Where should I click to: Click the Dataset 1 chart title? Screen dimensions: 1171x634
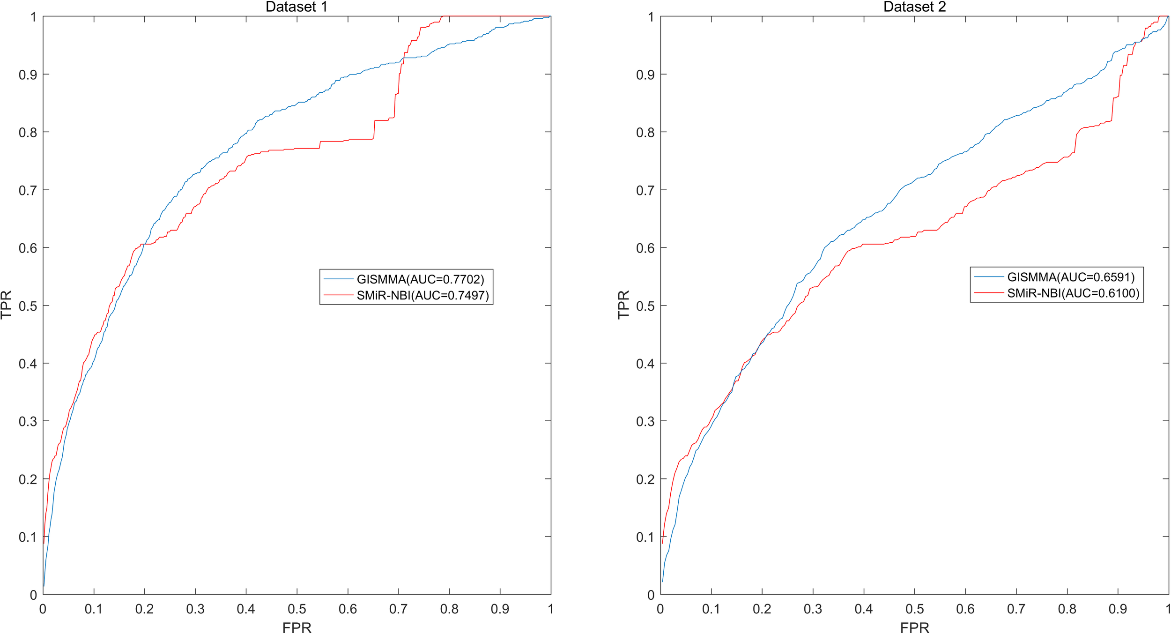[296, 7]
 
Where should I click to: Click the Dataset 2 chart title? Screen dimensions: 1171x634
[914, 7]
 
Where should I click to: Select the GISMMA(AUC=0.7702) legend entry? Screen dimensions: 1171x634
[420, 279]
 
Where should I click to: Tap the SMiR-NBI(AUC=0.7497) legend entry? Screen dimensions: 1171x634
[422, 295]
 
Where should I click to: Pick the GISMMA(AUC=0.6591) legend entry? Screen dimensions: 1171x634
[1071, 277]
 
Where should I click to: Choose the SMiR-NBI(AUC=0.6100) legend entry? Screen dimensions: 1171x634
[1073, 293]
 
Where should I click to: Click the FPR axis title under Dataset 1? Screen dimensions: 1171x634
[296, 627]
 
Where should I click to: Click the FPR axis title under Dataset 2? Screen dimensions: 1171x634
[914, 627]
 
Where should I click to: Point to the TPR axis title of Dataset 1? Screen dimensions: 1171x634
[7, 305]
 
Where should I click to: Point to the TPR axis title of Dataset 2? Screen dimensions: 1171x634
[624, 305]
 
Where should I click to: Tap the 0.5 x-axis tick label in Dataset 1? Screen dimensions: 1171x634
[296, 609]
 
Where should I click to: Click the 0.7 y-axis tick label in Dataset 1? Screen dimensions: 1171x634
[27, 190]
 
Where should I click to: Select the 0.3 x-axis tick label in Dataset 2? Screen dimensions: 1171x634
[813, 609]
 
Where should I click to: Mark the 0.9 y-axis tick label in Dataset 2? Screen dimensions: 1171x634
[645, 75]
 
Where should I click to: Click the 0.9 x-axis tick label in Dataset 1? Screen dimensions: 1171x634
[500, 609]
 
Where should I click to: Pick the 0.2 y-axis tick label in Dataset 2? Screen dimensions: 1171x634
[645, 479]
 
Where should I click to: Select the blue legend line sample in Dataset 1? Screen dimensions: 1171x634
[338, 279]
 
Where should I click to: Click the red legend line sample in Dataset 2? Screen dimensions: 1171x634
[989, 293]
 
